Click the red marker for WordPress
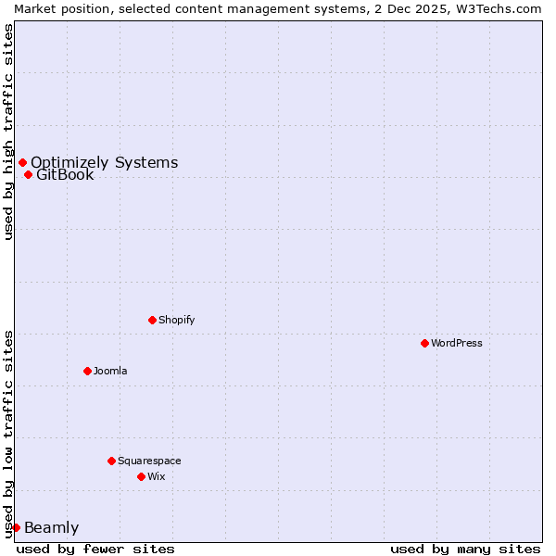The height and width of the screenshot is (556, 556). pos(424,343)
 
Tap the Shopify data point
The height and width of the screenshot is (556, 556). pos(152,320)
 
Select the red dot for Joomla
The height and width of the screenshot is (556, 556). pos(87,371)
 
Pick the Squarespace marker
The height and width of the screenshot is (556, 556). pos(111,461)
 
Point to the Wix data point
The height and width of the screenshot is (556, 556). pos(141,476)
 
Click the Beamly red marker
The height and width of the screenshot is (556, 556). pos(16,527)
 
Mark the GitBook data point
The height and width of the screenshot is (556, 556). pos(28,174)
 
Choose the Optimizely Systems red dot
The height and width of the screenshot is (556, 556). pos(22,162)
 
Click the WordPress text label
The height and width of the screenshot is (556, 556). pos(457,343)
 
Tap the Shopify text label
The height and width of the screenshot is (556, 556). pos(177,320)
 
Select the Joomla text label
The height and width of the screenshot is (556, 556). pos(110,371)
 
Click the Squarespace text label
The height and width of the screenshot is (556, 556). pos(149,461)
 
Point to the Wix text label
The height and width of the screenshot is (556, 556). pos(156,476)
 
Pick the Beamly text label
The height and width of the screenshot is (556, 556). pos(51,528)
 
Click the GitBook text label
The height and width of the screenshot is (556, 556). pos(65,175)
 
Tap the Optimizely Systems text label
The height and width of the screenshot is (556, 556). pos(104,163)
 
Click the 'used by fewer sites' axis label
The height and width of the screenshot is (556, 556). pos(95,549)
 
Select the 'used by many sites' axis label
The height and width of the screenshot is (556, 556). pos(465,549)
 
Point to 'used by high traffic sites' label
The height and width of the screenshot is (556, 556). pos(8,132)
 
